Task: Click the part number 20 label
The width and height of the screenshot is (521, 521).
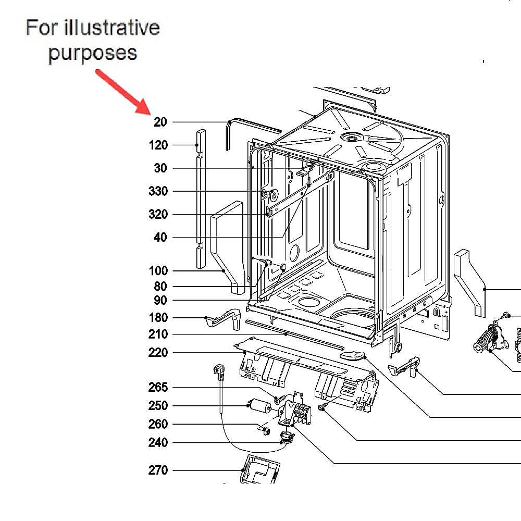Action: [160, 122]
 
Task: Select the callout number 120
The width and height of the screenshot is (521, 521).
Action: [158, 145]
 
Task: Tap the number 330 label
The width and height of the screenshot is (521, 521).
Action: [158, 191]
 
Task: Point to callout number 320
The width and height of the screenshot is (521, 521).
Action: [158, 214]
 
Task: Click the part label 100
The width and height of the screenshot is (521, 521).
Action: [158, 270]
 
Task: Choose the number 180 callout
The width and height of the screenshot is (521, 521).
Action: [158, 318]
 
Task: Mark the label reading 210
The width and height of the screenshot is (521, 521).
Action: [158, 334]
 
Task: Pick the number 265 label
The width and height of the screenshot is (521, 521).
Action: [158, 387]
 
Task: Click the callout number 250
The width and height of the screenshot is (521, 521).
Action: [158, 406]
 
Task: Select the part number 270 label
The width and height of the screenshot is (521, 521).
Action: [158, 470]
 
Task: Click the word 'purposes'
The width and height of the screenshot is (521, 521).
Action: [92, 53]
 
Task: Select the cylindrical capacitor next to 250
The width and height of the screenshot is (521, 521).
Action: [256, 405]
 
